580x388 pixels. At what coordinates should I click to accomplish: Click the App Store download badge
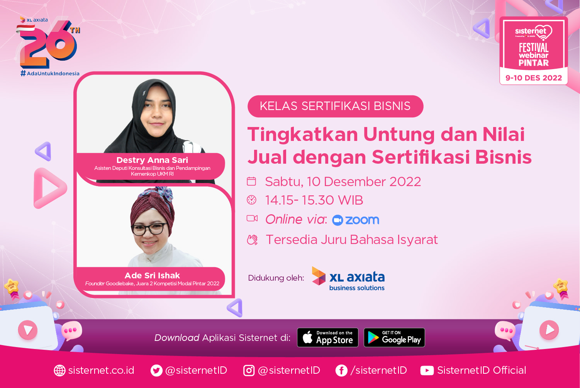(x=327, y=337)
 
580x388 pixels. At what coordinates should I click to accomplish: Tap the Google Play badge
(x=394, y=337)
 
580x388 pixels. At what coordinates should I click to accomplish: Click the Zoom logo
(x=356, y=220)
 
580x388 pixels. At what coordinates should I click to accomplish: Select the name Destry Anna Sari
(x=152, y=160)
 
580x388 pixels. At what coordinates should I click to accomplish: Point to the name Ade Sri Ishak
(x=152, y=275)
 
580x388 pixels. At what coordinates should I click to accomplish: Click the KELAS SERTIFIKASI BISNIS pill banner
(x=335, y=106)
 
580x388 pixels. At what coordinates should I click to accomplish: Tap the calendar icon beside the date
(x=251, y=181)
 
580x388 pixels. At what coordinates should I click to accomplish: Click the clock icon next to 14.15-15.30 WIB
(x=251, y=200)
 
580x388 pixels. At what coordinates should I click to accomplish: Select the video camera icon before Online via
(x=252, y=219)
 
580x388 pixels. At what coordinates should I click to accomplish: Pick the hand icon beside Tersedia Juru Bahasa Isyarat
(x=252, y=240)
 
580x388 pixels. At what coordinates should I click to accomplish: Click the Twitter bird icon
(x=156, y=371)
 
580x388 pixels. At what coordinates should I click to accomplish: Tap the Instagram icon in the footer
(x=249, y=371)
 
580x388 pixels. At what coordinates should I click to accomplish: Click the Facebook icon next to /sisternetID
(x=341, y=371)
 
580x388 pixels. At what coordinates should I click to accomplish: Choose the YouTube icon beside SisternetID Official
(x=427, y=371)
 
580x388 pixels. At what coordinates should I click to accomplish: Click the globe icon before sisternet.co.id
(x=59, y=371)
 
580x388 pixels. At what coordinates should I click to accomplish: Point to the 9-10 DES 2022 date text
(x=534, y=78)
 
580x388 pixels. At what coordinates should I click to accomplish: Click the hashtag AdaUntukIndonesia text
(x=50, y=73)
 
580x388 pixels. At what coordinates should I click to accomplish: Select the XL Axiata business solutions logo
(x=348, y=279)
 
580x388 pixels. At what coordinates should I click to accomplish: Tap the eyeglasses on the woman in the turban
(x=149, y=229)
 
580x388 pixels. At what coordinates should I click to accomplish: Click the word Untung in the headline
(x=399, y=135)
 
